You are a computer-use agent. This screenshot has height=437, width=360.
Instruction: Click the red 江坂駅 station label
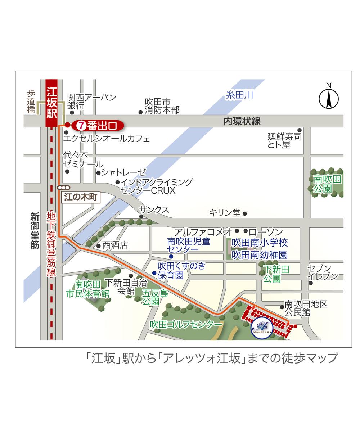(52, 103)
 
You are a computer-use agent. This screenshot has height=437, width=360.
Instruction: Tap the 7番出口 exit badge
(98, 126)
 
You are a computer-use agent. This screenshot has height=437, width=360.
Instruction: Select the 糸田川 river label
(239, 95)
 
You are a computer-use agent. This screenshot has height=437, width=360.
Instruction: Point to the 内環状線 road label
(242, 121)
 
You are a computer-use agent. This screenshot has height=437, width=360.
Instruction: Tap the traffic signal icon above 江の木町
(64, 188)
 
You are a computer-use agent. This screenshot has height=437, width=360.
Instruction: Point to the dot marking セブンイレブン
(311, 283)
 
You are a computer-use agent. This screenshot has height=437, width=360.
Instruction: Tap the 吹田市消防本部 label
(162, 106)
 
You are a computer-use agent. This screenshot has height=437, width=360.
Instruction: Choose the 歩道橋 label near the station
(31, 102)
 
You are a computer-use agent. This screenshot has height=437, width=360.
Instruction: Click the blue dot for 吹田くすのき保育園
(154, 273)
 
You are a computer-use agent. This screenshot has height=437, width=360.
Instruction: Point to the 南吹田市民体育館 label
(88, 289)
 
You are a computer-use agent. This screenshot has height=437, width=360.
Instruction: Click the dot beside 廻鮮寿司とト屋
(299, 130)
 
